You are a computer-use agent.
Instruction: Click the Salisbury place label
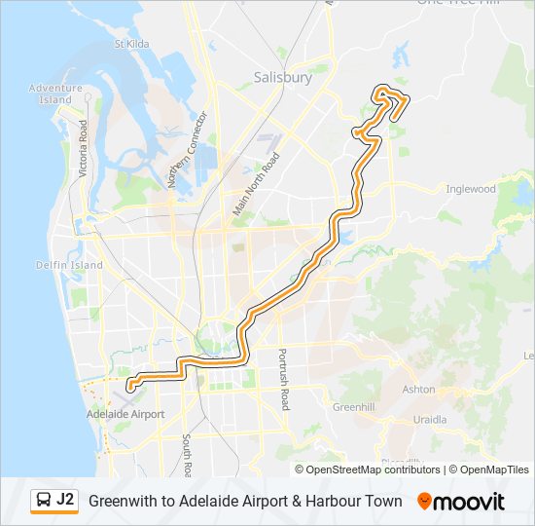(x=283, y=77)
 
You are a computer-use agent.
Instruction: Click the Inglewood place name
(x=470, y=189)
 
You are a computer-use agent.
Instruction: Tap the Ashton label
(x=419, y=389)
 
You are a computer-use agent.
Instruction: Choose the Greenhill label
(x=353, y=406)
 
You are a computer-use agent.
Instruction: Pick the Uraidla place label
(x=430, y=420)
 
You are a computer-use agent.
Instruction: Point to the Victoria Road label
(x=84, y=148)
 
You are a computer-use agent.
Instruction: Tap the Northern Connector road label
(x=188, y=150)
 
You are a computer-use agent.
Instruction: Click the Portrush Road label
(x=283, y=379)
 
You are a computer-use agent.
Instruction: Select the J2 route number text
(x=65, y=500)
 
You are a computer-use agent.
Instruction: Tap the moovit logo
(x=461, y=502)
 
